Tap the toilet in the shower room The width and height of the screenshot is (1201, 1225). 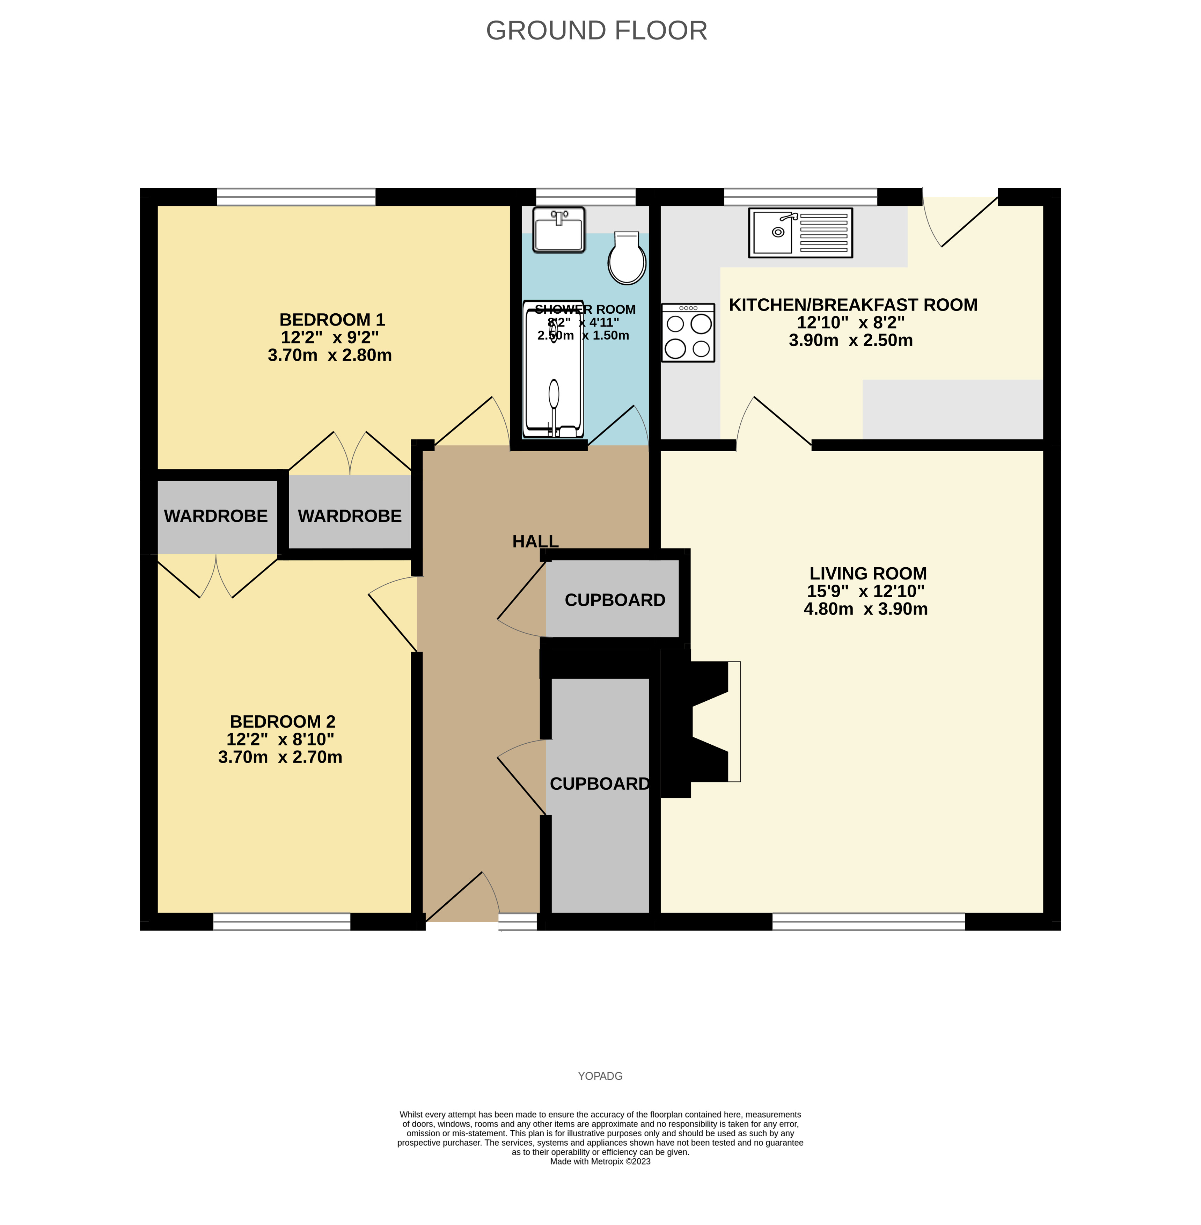tap(627, 258)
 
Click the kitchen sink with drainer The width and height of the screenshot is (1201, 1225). tap(800, 233)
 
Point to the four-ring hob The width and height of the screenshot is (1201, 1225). tap(688, 333)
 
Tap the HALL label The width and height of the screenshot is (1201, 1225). tap(535, 541)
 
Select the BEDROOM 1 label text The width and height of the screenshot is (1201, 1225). tap(332, 320)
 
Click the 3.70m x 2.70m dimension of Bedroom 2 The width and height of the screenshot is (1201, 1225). tap(280, 757)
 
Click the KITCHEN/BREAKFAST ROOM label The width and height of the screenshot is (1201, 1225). tap(853, 305)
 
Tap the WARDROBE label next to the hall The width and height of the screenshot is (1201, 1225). tap(350, 516)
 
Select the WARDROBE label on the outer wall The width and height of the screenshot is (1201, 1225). tap(216, 516)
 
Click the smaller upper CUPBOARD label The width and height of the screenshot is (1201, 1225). tap(614, 600)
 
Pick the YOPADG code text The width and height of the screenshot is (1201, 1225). tap(600, 1076)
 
